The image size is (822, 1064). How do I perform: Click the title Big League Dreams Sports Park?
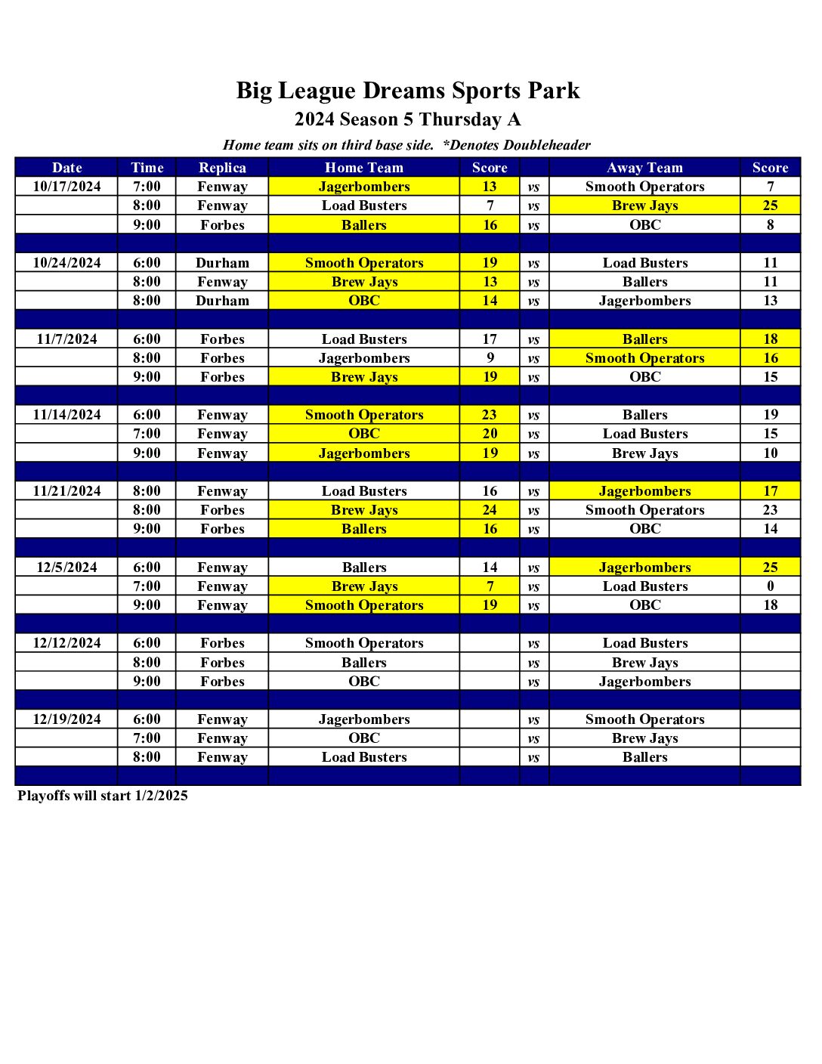tap(408, 91)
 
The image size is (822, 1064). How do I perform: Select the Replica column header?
tap(222, 168)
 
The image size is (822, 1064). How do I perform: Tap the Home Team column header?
tap(364, 168)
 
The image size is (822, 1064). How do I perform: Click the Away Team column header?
tap(644, 168)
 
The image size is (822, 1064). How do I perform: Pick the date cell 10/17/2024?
tap(66, 187)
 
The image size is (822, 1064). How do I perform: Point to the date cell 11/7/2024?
tap(66, 339)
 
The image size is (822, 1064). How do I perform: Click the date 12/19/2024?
tap(66, 719)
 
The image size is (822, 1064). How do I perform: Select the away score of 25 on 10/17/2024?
tap(770, 206)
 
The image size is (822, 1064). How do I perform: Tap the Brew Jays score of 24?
tap(490, 510)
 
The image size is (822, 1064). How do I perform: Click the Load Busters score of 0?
tap(770, 586)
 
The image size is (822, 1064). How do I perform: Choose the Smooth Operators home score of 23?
tap(490, 415)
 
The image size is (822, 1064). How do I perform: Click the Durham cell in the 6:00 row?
tap(222, 263)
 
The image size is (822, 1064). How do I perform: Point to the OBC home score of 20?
tap(490, 434)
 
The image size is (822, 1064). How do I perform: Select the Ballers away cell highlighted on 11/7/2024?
tap(644, 339)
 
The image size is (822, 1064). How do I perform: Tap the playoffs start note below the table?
tap(103, 796)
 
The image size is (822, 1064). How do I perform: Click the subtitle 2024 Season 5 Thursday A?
tap(408, 119)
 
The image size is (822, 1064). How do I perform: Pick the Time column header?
tap(147, 168)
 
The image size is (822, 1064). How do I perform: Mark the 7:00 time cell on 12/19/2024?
tap(147, 738)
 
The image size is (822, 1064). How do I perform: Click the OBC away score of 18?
tap(770, 605)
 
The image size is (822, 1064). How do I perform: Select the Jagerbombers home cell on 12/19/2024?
tap(364, 719)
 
